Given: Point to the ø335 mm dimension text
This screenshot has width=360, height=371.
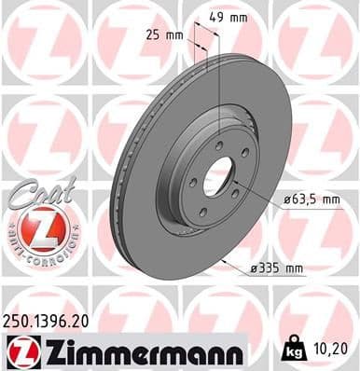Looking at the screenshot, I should click(x=277, y=268).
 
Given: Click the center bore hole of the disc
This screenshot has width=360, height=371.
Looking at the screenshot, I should click(x=220, y=178).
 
